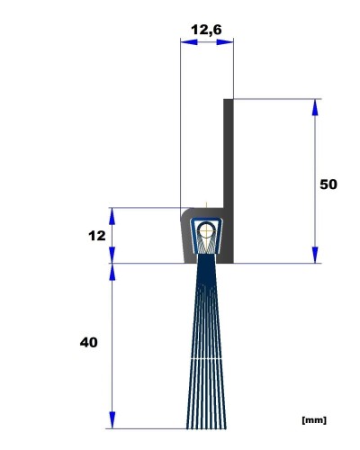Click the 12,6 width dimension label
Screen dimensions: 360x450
click(x=206, y=30)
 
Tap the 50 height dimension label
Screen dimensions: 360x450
click(x=328, y=184)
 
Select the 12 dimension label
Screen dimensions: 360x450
click(x=97, y=236)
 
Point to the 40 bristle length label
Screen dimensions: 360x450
click(x=89, y=342)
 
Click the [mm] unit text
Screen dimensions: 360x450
click(x=314, y=420)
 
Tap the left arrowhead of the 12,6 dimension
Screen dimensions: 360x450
click(x=189, y=42)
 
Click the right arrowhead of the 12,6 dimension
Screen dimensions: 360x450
click(x=225, y=42)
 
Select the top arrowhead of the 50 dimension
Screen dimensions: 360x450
click(x=315, y=107)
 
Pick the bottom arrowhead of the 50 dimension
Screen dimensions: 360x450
click(x=315, y=255)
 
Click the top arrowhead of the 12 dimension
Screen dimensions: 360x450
click(x=112, y=216)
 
